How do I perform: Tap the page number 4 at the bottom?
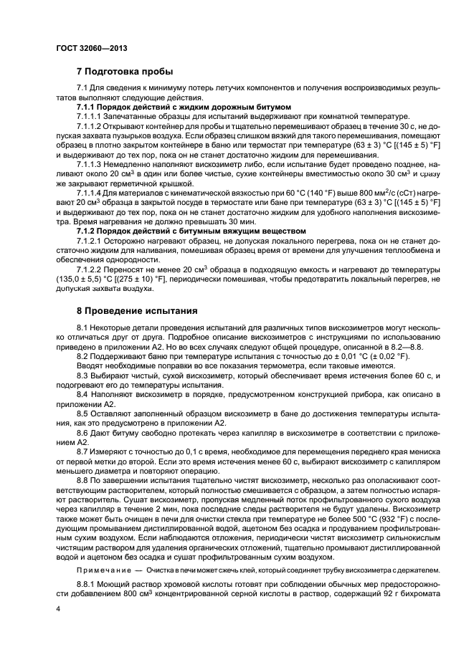pos(58,608)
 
